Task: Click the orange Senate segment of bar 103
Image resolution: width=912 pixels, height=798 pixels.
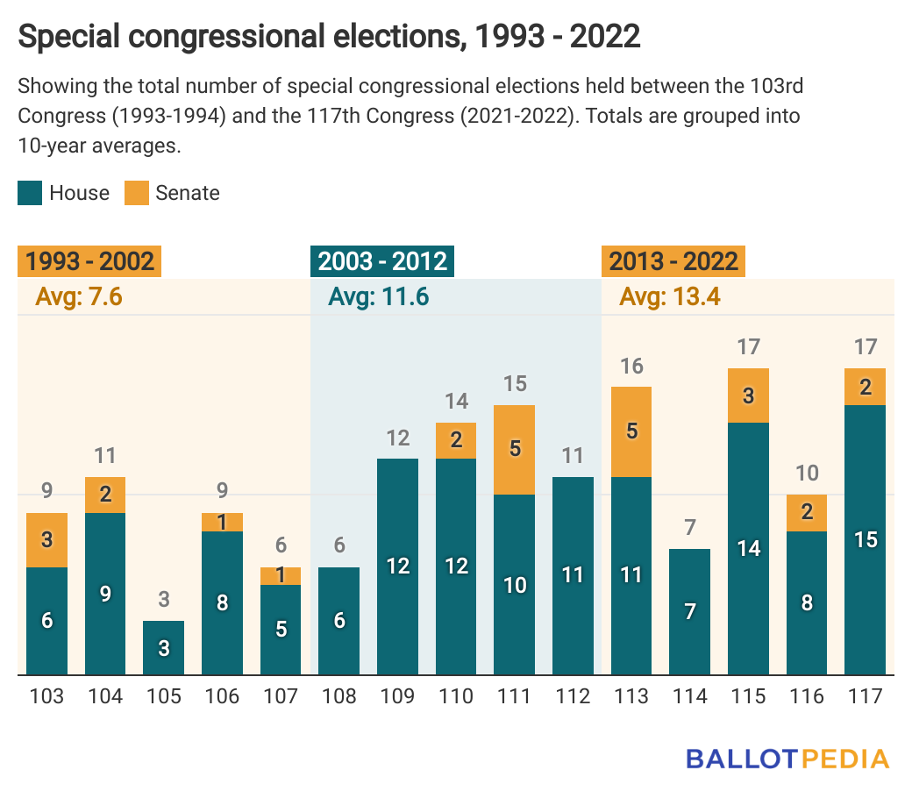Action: point(46,539)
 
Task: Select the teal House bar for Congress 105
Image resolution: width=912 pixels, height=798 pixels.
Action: point(164,648)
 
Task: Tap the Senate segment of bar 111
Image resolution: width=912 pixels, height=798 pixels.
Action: point(515,449)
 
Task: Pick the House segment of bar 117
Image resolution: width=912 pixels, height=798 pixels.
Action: point(866,539)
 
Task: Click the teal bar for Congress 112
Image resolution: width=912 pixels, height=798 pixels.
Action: point(573,575)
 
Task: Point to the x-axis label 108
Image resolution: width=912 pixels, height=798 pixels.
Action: point(339,696)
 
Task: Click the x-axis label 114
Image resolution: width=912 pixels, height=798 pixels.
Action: point(690,696)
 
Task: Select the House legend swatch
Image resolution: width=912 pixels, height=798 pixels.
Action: point(30,193)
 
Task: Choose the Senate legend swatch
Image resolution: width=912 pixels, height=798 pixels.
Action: point(136,193)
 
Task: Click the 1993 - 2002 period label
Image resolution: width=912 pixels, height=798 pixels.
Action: point(89,261)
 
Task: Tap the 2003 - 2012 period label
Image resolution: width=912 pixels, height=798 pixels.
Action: point(382,261)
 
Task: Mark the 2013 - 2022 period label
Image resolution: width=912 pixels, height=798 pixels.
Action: point(673,261)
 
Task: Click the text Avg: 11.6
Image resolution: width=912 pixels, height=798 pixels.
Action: point(378,297)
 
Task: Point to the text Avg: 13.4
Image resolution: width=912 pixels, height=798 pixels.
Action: point(669,297)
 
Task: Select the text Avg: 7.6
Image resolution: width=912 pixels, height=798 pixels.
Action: point(78,297)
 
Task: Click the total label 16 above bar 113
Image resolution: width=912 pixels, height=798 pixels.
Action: point(631,366)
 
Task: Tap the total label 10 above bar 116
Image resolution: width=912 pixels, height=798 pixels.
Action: point(807,474)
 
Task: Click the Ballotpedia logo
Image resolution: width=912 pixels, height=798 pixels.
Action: point(787,758)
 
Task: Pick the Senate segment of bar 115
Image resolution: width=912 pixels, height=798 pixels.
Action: point(748,395)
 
